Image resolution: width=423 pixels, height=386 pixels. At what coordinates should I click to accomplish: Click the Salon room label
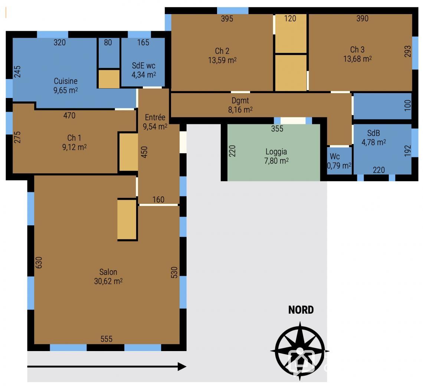[x=108, y=277]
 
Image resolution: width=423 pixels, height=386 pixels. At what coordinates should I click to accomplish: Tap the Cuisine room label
[x=66, y=86]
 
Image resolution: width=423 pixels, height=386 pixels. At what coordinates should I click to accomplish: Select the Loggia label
[x=276, y=156]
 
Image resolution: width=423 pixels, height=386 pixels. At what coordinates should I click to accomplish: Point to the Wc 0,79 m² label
[x=339, y=161]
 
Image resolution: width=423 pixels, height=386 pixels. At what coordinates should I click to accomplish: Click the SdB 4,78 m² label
[x=374, y=137]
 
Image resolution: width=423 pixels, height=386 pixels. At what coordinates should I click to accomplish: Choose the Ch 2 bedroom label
[x=222, y=55]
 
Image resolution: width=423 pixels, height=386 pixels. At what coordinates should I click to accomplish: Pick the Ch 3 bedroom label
[x=357, y=54]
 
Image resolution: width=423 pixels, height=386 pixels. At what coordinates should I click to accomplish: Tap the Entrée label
[x=155, y=122]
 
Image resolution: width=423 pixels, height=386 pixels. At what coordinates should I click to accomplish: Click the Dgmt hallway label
[x=240, y=105]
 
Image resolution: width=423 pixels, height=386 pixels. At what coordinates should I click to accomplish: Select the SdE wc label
[x=144, y=70]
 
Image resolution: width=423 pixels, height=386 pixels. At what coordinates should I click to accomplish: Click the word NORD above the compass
[x=301, y=310]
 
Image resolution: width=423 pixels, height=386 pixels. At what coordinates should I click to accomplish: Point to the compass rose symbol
[x=300, y=351]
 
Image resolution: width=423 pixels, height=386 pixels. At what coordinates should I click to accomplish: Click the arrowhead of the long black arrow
[x=182, y=367]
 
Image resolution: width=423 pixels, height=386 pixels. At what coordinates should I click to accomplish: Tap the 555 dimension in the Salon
[x=106, y=339]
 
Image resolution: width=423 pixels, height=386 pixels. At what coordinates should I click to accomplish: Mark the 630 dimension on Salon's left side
[x=39, y=262]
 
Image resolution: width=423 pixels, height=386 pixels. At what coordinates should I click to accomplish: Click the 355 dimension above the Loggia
[x=277, y=128]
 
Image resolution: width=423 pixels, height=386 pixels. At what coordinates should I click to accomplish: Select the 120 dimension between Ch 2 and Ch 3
[x=290, y=18]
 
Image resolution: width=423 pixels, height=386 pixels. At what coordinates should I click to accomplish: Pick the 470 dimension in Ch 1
[x=69, y=115]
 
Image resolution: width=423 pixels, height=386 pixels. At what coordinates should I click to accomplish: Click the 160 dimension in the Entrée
[x=158, y=199]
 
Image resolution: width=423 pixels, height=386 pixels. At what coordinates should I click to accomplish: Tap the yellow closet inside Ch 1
[x=128, y=152]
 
